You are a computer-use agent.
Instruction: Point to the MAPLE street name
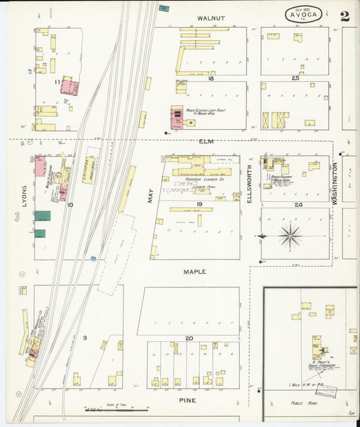195,272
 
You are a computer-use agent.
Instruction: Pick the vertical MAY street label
150,195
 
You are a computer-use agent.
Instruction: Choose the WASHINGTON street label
334,182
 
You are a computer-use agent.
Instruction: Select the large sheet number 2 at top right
344,17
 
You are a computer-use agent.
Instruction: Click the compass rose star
290,236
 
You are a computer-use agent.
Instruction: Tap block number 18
211,78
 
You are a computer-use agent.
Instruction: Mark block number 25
295,78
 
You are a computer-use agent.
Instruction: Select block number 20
190,338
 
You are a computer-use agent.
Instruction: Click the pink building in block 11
70,86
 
